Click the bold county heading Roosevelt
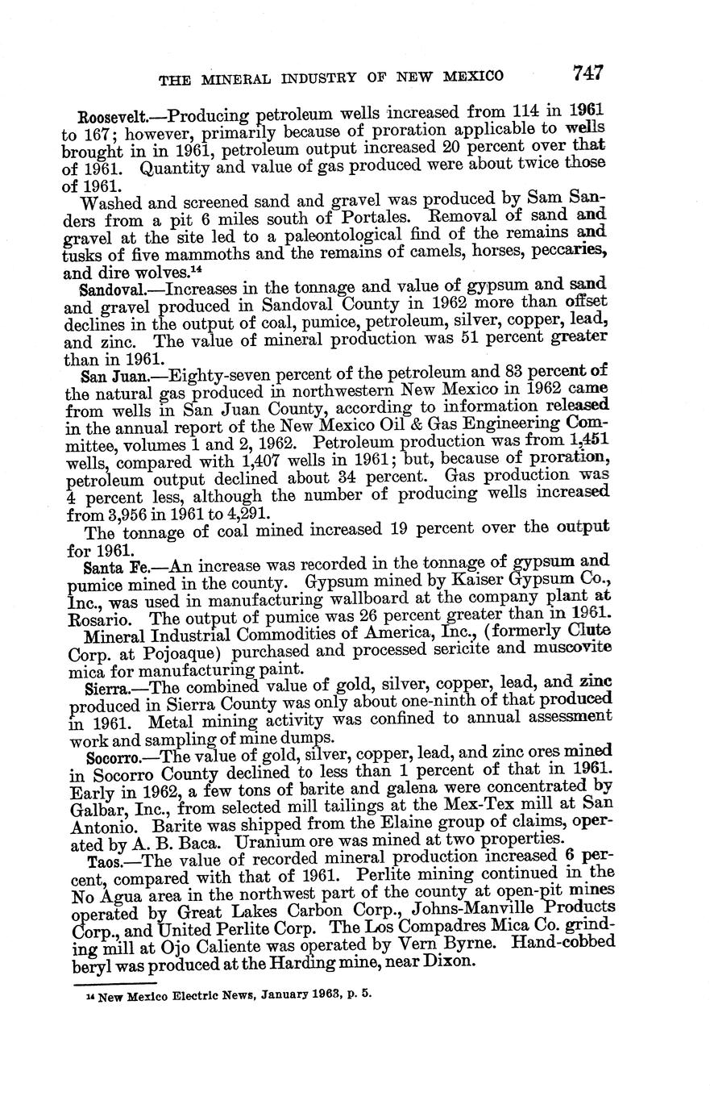110,115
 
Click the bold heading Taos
104,861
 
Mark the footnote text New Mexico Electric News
164,995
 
